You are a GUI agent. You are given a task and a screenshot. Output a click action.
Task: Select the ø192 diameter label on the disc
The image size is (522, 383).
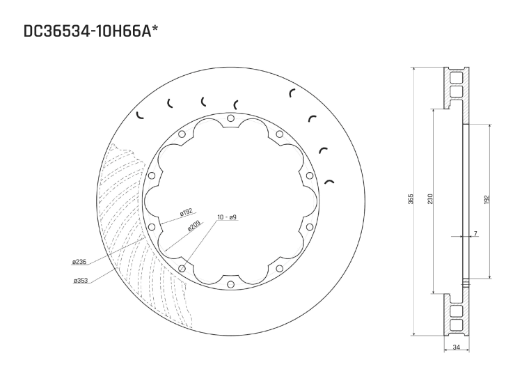pyautogui.click(x=185, y=212)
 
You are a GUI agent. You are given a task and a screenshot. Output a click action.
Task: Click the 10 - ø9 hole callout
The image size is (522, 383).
pyautogui.click(x=227, y=218)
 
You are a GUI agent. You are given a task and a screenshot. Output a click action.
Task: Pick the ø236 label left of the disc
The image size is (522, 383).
pyautogui.click(x=79, y=263)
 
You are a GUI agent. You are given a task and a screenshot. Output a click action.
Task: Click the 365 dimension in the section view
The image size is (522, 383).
pyautogui.click(x=411, y=200)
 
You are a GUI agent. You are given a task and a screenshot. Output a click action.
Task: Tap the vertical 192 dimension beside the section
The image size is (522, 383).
pyautogui.click(x=487, y=200)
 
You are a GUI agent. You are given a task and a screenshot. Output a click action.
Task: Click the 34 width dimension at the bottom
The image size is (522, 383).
pyautogui.click(x=456, y=346)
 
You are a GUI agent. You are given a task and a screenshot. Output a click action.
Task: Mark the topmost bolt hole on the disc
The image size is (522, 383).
pyautogui.click(x=230, y=120)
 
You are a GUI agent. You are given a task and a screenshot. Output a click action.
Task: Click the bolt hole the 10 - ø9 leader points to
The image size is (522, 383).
pyautogui.click(x=182, y=269)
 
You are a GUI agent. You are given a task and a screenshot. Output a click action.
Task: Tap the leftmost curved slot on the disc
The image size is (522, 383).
pyautogui.click(x=139, y=115)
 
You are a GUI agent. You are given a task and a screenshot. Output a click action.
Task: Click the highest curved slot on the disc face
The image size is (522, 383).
pyautogui.click(x=292, y=93)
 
